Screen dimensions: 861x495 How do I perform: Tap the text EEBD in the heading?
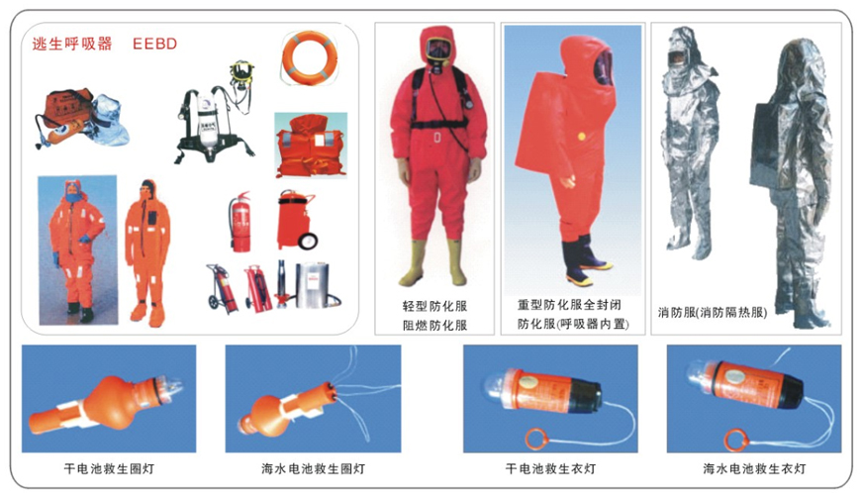[x=154, y=44]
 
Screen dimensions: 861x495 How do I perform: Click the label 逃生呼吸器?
[x=72, y=44]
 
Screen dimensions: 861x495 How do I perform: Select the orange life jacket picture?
[x=311, y=146]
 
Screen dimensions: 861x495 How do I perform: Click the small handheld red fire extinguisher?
[x=239, y=223]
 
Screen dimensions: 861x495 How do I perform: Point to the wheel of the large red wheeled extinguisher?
[x=309, y=241]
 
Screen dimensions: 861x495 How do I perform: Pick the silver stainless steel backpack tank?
[x=312, y=286]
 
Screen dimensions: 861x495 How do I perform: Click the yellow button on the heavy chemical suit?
[x=582, y=137]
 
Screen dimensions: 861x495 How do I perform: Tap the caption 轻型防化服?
[x=434, y=306]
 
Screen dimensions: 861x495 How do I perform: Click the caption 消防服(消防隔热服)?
[x=713, y=313]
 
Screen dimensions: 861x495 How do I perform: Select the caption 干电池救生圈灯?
[x=109, y=468]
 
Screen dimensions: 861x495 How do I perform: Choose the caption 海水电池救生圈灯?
[x=313, y=468]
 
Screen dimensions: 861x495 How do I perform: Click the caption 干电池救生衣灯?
[x=550, y=468]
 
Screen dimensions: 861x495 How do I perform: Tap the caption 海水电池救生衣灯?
[x=754, y=468]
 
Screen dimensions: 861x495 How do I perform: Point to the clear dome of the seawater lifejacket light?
[x=698, y=371]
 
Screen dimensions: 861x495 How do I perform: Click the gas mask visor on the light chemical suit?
[x=436, y=49]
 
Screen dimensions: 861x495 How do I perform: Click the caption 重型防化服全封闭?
[x=569, y=304]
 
